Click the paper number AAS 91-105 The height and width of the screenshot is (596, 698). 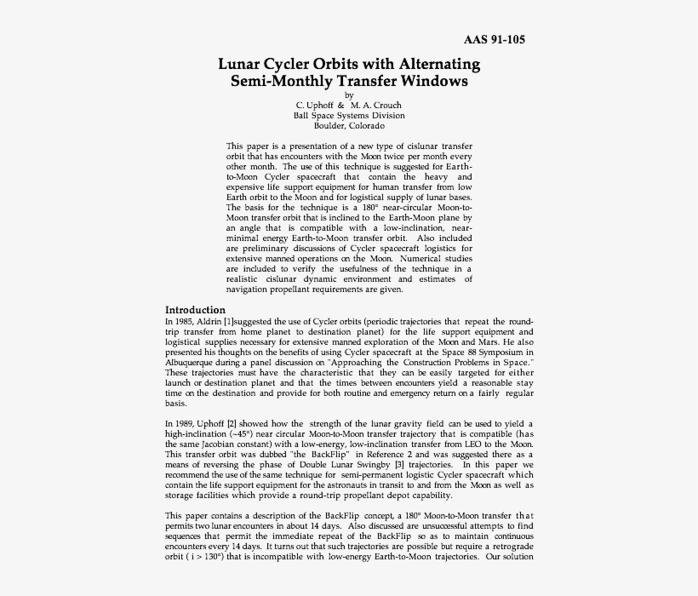pyautogui.click(x=500, y=40)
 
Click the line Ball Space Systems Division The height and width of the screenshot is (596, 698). pyautogui.click(x=349, y=115)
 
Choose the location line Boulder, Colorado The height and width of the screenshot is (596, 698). pyautogui.click(x=349, y=126)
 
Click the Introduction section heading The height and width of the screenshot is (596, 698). pyautogui.click(x=195, y=310)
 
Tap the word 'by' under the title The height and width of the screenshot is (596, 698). pyautogui.click(x=348, y=95)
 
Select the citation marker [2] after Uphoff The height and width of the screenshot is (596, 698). pyautogui.click(x=230, y=424)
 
